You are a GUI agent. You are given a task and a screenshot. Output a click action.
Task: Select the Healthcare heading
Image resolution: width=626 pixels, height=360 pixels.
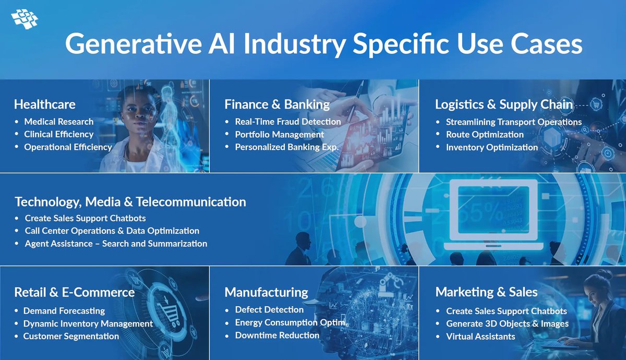pyautogui.click(x=44, y=104)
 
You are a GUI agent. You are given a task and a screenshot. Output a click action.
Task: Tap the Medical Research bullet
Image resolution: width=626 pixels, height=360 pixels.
pyautogui.click(x=59, y=122)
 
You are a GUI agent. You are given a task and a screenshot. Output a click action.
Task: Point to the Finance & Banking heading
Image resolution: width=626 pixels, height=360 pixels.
pyautogui.click(x=277, y=104)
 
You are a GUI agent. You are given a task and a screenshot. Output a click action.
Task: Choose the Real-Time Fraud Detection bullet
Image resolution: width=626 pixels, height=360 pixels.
pyautogui.click(x=288, y=122)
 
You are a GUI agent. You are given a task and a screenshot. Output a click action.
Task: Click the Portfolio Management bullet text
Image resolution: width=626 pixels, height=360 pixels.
pyautogui.click(x=280, y=134)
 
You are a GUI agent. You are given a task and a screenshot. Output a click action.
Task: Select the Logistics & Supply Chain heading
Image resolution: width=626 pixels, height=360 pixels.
pyautogui.click(x=504, y=104)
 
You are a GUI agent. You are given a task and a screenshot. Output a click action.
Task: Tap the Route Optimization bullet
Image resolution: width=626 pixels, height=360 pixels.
pyautogui.click(x=485, y=134)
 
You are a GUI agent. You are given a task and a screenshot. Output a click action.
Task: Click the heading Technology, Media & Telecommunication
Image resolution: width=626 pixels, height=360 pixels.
pyautogui.click(x=130, y=201)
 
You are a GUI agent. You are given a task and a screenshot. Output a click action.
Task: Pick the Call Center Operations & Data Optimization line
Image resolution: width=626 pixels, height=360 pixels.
pyautogui.click(x=112, y=231)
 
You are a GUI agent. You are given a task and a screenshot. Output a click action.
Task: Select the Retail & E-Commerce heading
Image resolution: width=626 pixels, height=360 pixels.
pyautogui.click(x=75, y=292)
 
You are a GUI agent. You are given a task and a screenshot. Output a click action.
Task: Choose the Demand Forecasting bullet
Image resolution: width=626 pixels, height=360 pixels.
pyautogui.click(x=64, y=310)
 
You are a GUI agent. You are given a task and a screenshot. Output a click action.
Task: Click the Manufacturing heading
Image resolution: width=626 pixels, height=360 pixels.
pyautogui.click(x=267, y=292)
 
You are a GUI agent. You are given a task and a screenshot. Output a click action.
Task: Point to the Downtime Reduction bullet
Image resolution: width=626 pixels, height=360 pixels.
pyautogui.click(x=277, y=335)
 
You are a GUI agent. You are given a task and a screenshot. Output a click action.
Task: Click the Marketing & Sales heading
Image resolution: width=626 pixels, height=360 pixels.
pyautogui.click(x=486, y=292)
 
